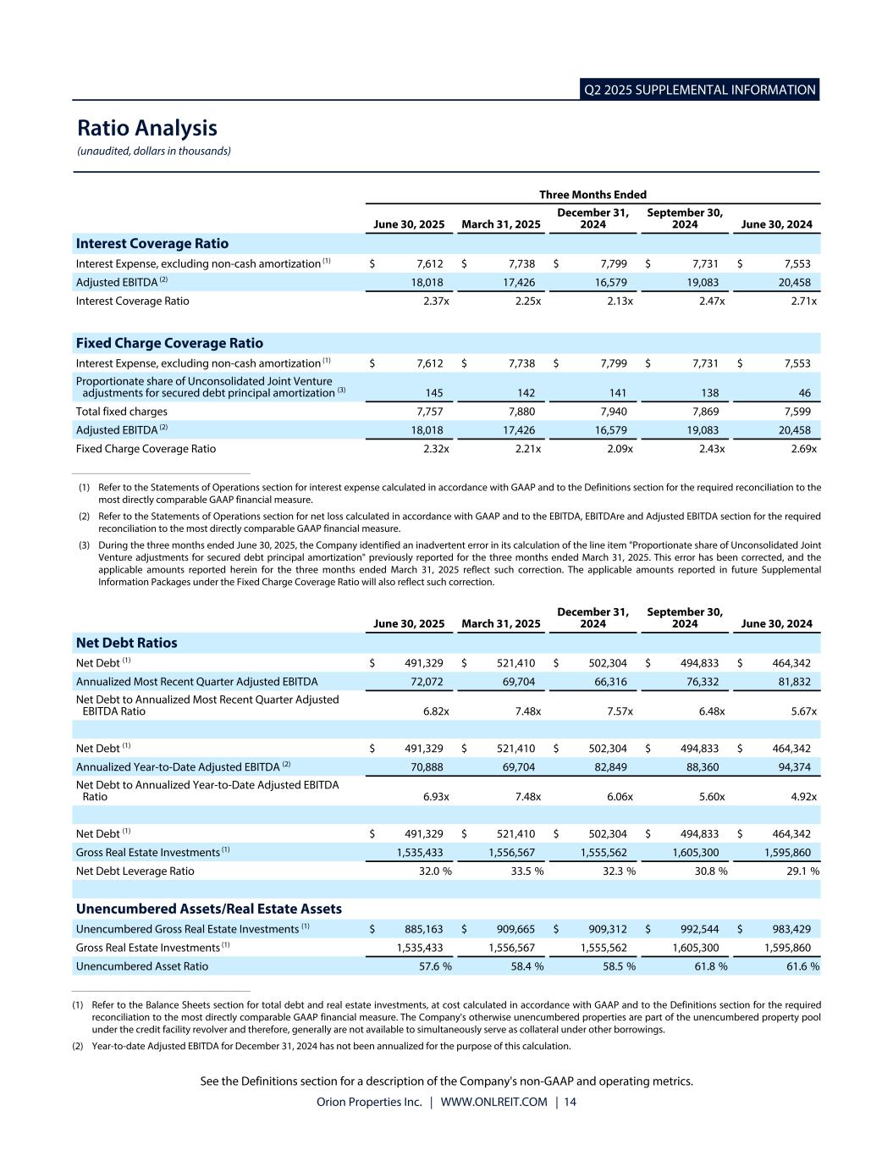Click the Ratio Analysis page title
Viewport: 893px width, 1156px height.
147,128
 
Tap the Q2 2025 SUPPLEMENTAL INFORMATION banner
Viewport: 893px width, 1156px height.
700,90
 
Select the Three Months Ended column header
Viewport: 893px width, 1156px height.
593,195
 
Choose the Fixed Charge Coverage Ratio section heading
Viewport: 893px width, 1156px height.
169,343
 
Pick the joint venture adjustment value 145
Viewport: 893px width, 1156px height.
432,393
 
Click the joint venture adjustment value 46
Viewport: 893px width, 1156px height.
804,393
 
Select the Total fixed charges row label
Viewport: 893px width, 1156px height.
122,412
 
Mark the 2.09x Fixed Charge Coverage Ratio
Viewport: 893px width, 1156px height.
620,449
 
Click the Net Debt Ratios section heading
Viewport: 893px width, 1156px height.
127,643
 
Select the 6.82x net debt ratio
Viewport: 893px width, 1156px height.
436,711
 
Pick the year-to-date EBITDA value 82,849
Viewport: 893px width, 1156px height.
610,767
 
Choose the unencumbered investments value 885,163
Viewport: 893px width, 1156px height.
423,929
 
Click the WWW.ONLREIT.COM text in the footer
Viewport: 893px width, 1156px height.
493,1102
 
